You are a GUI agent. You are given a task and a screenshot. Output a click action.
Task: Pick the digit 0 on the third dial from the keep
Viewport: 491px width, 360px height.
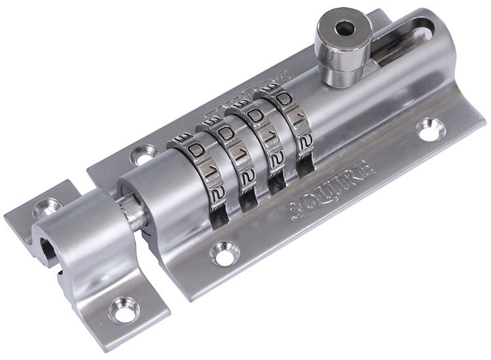pos(256,116)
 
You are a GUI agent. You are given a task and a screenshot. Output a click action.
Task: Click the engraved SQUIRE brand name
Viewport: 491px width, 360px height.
pos(331,190)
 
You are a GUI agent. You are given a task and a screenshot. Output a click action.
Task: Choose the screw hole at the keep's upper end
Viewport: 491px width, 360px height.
pos(48,208)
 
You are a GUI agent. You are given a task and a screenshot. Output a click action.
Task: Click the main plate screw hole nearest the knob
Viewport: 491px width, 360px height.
pos(431,129)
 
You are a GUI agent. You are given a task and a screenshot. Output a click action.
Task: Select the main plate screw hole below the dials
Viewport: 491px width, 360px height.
pos(225,253)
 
